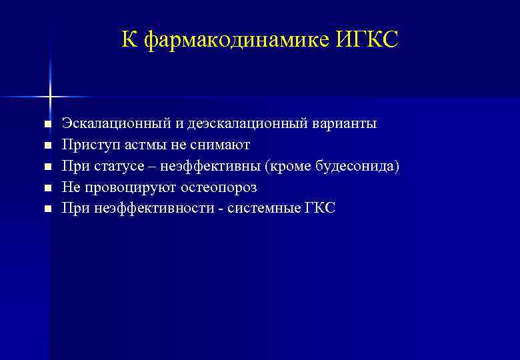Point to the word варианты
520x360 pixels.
point(345,124)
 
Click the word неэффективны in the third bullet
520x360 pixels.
point(208,166)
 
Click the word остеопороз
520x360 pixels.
point(219,187)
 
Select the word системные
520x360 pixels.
point(260,209)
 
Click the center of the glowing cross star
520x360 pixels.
point(50,97)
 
